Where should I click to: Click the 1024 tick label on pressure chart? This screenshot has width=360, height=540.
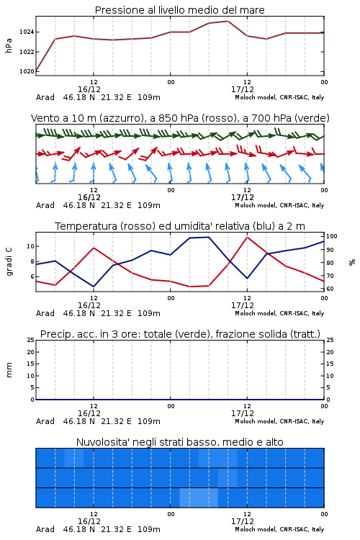[27, 32]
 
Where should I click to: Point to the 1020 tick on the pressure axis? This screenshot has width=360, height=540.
[27, 71]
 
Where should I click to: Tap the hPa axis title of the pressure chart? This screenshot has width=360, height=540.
[9, 45]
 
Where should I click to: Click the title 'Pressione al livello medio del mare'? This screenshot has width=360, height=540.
[180, 10]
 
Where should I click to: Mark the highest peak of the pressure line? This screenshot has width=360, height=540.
[228, 21]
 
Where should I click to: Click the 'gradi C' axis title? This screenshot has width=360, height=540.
[9, 261]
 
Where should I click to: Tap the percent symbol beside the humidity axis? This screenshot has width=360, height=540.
[352, 262]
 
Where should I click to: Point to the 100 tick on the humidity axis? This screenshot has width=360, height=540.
[332, 236]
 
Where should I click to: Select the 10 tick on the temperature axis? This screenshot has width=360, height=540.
[30, 246]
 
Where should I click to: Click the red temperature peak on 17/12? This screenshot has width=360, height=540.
[247, 237]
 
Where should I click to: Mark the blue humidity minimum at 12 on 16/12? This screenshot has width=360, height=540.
[94, 287]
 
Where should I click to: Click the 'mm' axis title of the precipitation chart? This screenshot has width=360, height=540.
[9, 370]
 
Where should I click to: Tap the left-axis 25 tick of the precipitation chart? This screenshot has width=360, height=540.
[30, 341]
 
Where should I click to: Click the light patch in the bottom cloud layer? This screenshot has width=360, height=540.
[199, 498]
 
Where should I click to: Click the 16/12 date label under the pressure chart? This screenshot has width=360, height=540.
[89, 89]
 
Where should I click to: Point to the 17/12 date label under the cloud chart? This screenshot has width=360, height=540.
[243, 521]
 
